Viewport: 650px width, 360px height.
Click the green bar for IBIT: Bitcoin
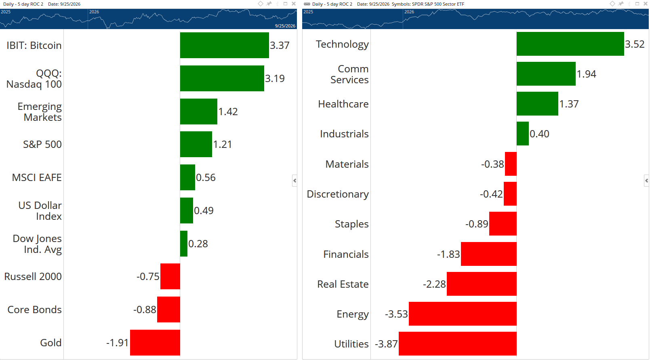(x=224, y=45)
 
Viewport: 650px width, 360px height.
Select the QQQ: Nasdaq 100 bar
(x=222, y=78)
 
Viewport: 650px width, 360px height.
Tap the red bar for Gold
(x=155, y=343)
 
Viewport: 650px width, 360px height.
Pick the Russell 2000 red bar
(x=170, y=276)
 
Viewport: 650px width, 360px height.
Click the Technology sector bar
(x=570, y=44)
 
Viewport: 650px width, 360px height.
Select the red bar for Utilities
(x=458, y=344)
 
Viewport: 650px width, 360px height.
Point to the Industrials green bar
(x=523, y=134)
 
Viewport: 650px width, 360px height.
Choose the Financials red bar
(x=489, y=254)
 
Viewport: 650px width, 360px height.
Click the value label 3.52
(x=635, y=44)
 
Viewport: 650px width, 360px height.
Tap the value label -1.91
(x=117, y=343)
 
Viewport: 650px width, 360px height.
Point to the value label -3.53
(x=396, y=314)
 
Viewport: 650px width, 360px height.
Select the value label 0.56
(x=206, y=177)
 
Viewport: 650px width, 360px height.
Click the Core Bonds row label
(x=34, y=309)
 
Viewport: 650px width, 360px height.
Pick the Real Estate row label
(x=343, y=284)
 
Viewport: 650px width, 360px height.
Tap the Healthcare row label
(x=343, y=104)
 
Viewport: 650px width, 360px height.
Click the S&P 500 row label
(x=42, y=144)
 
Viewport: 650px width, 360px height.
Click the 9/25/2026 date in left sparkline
(x=285, y=26)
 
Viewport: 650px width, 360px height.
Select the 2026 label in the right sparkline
(x=409, y=12)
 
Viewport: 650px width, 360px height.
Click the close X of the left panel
(x=294, y=4)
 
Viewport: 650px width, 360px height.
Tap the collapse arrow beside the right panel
(x=646, y=181)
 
